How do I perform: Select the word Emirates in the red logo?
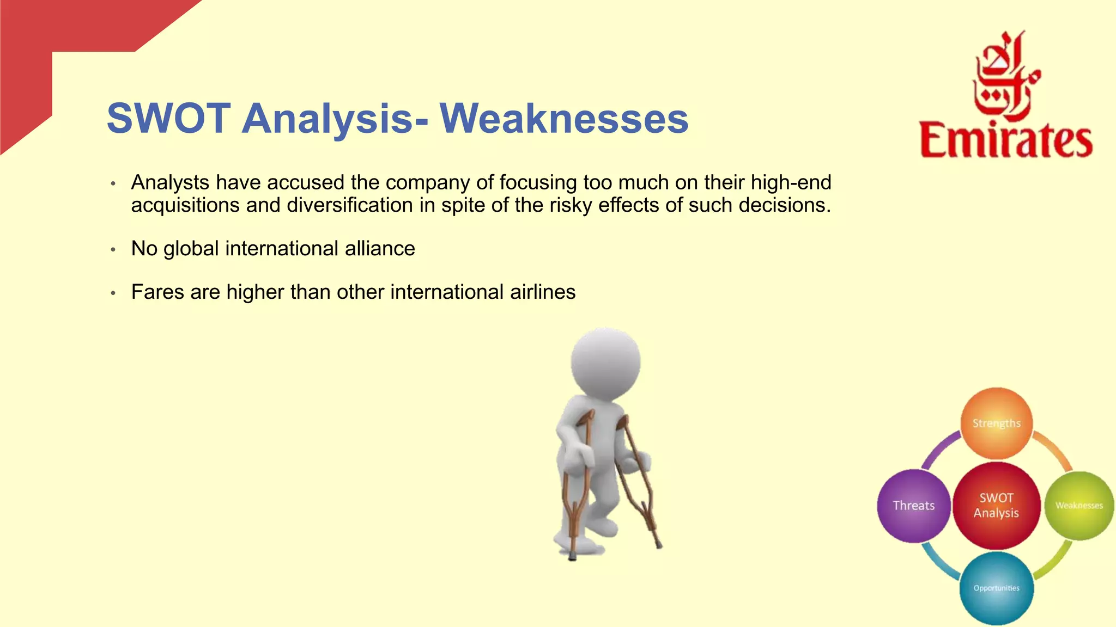click(x=1006, y=140)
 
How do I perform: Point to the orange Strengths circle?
click(x=996, y=423)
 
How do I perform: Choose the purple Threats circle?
click(x=913, y=506)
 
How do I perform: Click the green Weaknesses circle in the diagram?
click(x=1079, y=506)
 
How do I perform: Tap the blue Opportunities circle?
click(x=996, y=588)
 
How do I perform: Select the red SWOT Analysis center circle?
click(x=996, y=505)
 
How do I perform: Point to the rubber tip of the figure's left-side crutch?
click(x=572, y=557)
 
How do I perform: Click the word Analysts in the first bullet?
click(x=170, y=182)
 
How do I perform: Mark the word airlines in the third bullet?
click(x=543, y=292)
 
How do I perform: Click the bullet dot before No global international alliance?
click(x=113, y=250)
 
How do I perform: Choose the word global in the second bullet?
click(x=191, y=249)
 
